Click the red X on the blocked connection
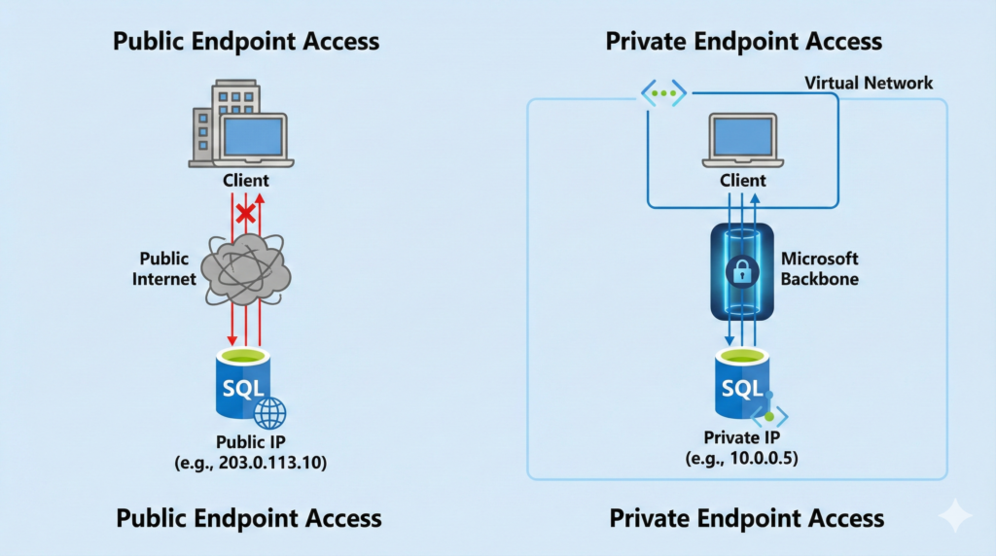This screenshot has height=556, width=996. pyautogui.click(x=246, y=212)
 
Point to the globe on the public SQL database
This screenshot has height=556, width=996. pyautogui.click(x=269, y=413)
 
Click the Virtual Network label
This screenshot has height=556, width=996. pyautogui.click(x=869, y=83)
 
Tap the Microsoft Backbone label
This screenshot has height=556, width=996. pyautogui.click(x=820, y=268)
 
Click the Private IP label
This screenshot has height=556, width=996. pyautogui.click(x=742, y=437)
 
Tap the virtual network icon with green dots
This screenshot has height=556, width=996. pyautogui.click(x=663, y=93)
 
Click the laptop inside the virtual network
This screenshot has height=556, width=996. pyautogui.click(x=742, y=139)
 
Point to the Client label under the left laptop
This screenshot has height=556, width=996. pyautogui.click(x=245, y=180)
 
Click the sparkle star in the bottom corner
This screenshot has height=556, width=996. pyautogui.click(x=956, y=516)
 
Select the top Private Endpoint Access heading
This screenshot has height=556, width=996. pyautogui.click(x=743, y=41)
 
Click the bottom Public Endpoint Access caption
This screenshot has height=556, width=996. pyautogui.click(x=248, y=517)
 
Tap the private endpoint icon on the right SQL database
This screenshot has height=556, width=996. pyautogui.click(x=770, y=416)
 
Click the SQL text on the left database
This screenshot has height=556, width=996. pyautogui.click(x=243, y=389)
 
